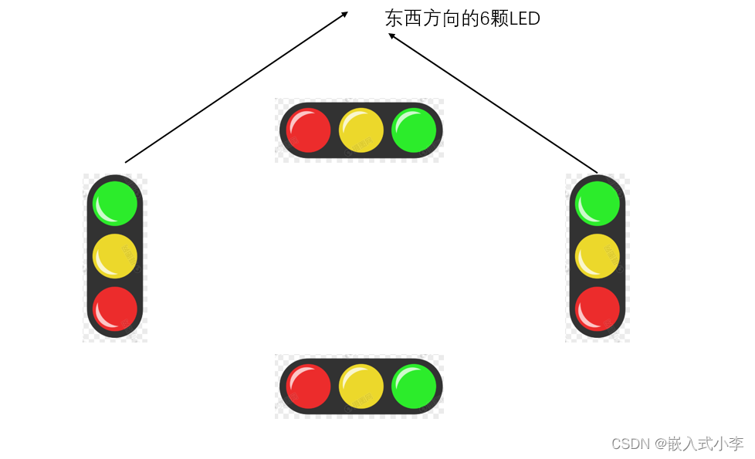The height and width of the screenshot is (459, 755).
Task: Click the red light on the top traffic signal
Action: tap(309, 130)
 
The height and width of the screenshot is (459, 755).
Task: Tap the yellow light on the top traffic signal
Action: tap(361, 130)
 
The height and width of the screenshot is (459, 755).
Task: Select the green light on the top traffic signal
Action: tap(415, 130)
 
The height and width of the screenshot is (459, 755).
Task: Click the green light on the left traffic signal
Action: tap(115, 204)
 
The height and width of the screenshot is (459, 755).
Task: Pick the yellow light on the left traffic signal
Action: tap(115, 256)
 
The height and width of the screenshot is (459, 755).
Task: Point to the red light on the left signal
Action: tap(115, 309)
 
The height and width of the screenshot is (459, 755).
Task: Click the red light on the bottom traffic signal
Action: tap(309, 386)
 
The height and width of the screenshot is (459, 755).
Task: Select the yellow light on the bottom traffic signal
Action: tap(361, 386)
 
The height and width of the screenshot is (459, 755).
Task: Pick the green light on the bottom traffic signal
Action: tap(415, 386)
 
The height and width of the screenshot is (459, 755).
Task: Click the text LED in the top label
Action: tap(524, 19)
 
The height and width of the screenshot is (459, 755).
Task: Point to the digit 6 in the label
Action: tap(485, 19)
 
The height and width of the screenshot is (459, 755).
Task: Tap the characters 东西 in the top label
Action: tap(403, 19)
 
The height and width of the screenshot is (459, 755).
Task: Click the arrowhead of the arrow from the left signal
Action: tap(344, 13)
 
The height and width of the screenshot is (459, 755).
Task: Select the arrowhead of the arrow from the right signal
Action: tap(392, 35)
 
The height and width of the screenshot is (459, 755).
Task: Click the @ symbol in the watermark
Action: tap(662, 444)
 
